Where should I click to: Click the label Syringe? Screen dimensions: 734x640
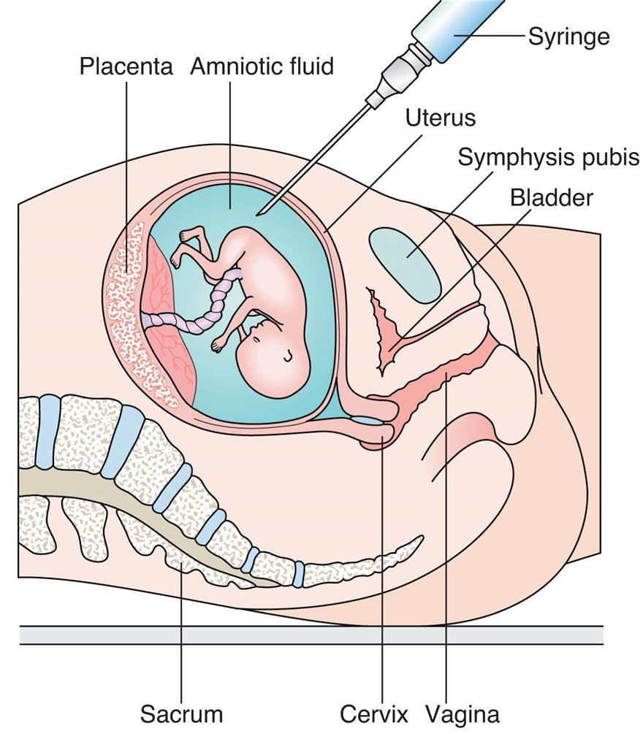(x=568, y=37)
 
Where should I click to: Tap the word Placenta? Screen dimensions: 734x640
(x=126, y=67)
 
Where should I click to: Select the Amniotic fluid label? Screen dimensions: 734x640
(x=262, y=67)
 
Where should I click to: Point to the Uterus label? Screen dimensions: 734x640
(x=441, y=118)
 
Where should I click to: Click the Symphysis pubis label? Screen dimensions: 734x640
(x=548, y=157)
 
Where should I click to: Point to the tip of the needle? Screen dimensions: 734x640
(x=258, y=214)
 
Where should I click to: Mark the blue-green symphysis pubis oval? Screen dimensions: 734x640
(x=406, y=263)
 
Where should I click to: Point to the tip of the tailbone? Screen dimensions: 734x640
(x=420, y=540)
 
